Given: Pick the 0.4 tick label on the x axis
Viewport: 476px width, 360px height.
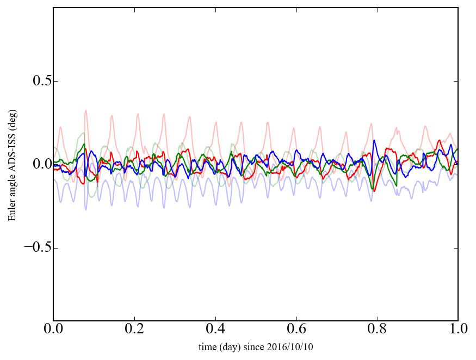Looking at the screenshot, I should point(215,330).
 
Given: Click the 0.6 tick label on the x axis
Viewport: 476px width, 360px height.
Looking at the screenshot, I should point(296,330).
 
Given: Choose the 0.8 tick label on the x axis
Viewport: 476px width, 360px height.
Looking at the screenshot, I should point(377,330).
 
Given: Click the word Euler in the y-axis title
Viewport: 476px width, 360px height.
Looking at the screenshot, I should point(11,212).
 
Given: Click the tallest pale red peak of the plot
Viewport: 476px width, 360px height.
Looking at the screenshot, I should point(85,110).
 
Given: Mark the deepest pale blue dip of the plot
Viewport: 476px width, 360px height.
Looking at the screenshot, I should point(85,209).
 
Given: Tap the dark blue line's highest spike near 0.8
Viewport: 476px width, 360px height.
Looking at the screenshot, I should point(374,140).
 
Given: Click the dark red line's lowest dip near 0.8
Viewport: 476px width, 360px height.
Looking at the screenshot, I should point(374,191).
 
